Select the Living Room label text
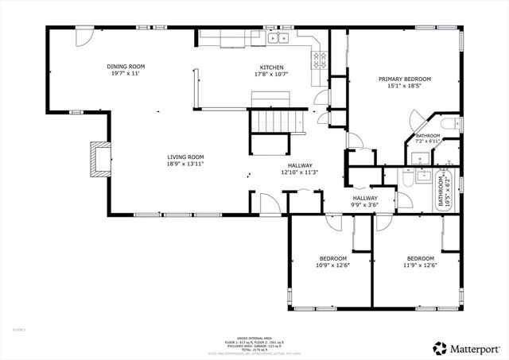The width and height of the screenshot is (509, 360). point(185,157)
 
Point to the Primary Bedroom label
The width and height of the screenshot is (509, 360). point(404,79)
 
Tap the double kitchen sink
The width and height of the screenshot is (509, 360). point(278,37)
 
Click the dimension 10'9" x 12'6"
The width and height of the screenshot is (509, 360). point(332,266)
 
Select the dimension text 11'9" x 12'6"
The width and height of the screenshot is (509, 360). point(420,266)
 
